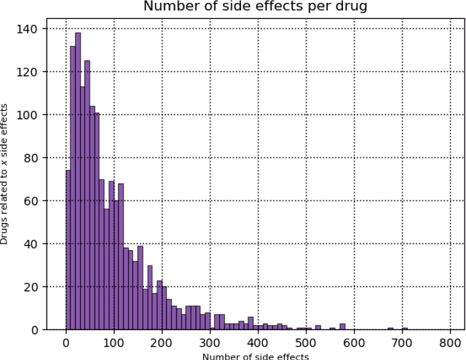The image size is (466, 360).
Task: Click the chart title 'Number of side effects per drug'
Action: [255, 7]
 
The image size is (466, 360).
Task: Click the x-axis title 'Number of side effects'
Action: [255, 356]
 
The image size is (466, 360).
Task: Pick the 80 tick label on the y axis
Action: [34, 158]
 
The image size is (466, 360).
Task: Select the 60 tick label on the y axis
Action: [34, 201]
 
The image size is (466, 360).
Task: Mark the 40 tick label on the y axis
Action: [34, 244]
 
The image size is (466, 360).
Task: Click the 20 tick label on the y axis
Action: [34, 287]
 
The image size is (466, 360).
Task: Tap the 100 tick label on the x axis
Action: [114, 343]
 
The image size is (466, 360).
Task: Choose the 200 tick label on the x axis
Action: [162, 343]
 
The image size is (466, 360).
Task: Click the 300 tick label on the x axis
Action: [210, 343]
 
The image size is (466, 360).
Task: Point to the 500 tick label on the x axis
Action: [306, 343]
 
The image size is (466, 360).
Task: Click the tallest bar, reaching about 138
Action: [78, 182]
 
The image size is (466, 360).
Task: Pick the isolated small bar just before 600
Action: [343, 326]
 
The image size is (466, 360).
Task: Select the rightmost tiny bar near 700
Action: [405, 329]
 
